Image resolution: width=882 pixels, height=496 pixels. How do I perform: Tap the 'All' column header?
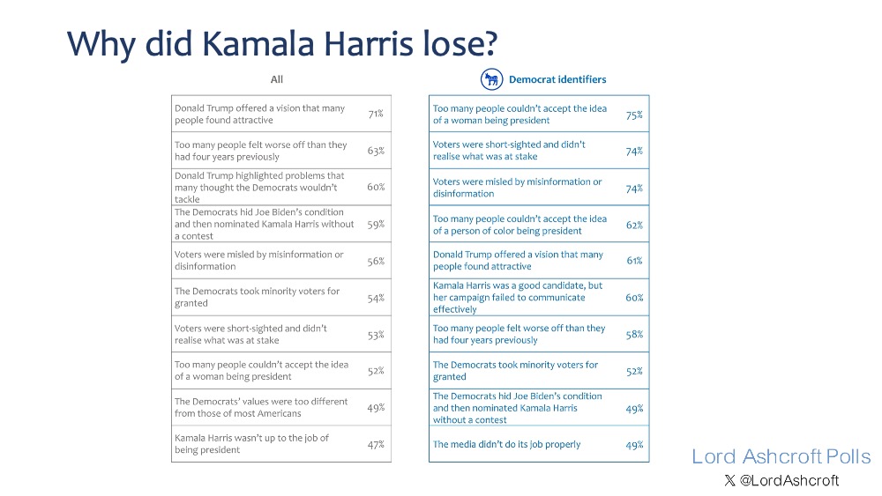coord(277,79)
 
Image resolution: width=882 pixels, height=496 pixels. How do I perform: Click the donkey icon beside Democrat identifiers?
coord(491,79)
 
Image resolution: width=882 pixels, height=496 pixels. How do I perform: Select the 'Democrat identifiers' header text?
coord(557,79)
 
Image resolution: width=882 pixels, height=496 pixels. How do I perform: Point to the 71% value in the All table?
coord(376,115)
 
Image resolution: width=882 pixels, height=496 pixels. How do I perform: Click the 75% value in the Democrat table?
coord(634,115)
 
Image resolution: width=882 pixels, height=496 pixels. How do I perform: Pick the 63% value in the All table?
coord(376,151)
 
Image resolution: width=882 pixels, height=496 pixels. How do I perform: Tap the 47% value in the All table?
coord(376,444)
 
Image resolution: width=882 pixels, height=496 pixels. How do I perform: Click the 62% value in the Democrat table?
coord(634,225)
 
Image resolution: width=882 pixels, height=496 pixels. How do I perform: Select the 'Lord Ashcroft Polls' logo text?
coord(781,456)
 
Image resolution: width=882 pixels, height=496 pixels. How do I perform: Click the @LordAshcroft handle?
coord(789,480)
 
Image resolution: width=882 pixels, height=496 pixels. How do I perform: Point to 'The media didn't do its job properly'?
coord(507,444)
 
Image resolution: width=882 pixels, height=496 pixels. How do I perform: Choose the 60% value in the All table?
coord(376,188)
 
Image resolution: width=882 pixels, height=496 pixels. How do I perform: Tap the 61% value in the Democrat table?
coord(634,261)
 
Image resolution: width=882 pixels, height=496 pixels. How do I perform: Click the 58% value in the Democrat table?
coord(634,334)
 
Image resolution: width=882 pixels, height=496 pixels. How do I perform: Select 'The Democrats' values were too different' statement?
coord(261,407)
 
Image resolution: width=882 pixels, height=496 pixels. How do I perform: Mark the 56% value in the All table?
coord(376,261)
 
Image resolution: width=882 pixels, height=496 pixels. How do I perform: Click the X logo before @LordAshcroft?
coord(729,480)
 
